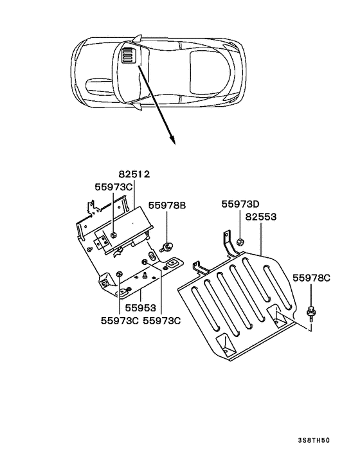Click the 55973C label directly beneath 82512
(x=114, y=187)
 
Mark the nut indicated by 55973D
(x=237, y=242)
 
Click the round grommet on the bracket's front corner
(x=102, y=284)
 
